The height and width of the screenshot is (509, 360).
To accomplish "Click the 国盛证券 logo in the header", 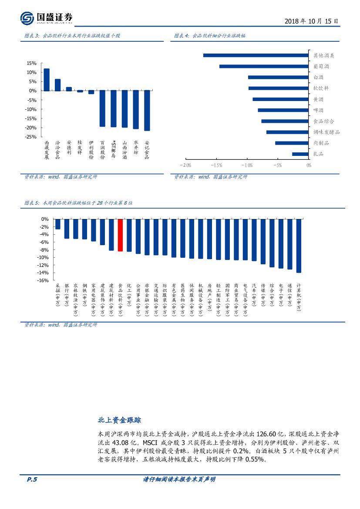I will (47, 18).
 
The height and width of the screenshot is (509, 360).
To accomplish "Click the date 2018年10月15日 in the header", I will (311, 21).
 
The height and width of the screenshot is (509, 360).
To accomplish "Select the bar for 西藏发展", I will (47, 80).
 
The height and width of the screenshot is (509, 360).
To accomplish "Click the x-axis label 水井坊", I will (136, 147).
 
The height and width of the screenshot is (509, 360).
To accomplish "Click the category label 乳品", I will (318, 154).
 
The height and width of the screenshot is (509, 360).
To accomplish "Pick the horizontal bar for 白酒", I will (278, 77).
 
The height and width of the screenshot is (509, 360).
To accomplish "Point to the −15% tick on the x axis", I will (216, 165).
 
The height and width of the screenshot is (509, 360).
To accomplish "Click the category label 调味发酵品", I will (326, 132).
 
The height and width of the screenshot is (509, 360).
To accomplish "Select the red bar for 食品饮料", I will (120, 235).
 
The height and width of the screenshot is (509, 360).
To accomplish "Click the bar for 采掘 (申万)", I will (58, 224).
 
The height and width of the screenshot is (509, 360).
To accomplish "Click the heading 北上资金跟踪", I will (119, 420).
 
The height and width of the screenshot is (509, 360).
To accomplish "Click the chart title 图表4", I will (210, 36).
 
